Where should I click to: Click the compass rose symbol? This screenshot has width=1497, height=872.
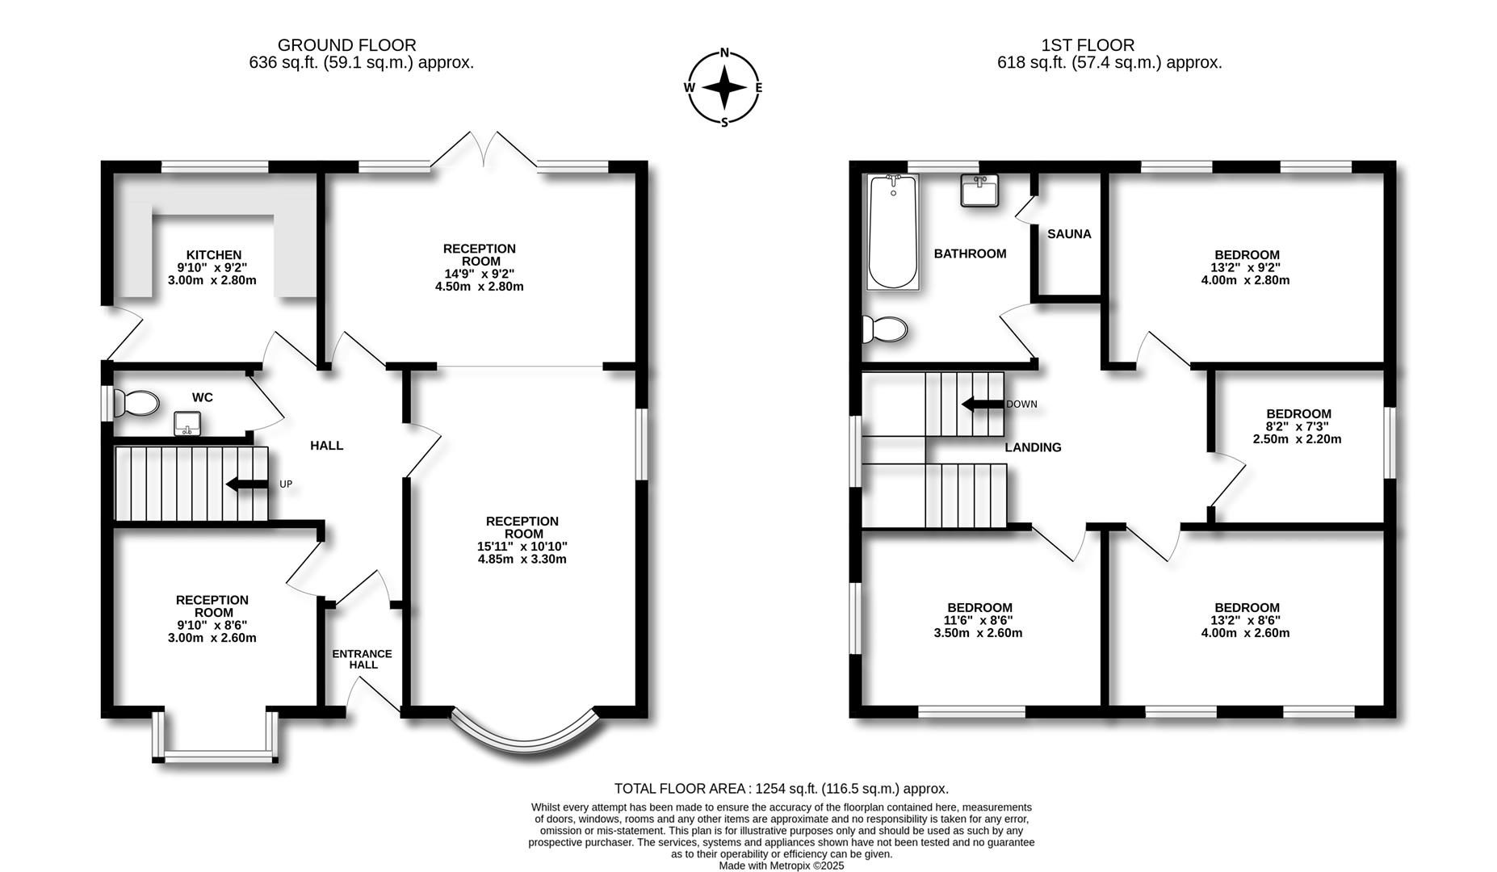pyautogui.click(x=724, y=87)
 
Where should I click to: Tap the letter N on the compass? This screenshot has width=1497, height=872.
pyautogui.click(x=724, y=53)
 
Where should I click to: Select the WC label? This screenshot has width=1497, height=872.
pyautogui.click(x=203, y=397)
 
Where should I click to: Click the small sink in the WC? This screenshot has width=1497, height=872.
pyautogui.click(x=187, y=423)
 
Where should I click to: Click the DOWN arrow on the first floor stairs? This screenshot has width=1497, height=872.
pyautogui.click(x=983, y=405)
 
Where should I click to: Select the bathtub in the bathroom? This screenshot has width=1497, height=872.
pyautogui.click(x=893, y=232)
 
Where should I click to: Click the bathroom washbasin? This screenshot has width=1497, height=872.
pyautogui.click(x=980, y=191)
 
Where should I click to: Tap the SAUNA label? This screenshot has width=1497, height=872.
pyautogui.click(x=1069, y=234)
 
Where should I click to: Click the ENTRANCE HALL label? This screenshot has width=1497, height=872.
pyautogui.click(x=363, y=659)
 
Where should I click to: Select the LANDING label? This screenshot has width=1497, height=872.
pyautogui.click(x=1033, y=447)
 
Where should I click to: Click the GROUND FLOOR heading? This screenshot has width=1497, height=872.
pyautogui.click(x=347, y=45)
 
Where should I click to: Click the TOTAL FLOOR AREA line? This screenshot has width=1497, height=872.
pyautogui.click(x=782, y=789)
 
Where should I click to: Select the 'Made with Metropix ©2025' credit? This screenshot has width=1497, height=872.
pyautogui.click(x=782, y=866)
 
